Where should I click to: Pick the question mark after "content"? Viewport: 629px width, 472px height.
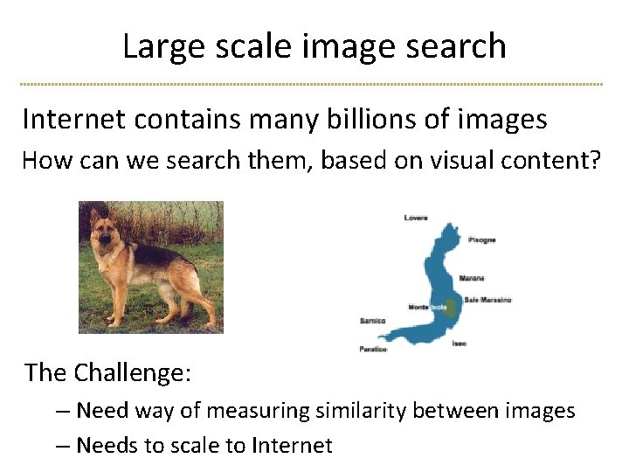596,161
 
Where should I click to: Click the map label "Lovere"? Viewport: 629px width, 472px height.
416,218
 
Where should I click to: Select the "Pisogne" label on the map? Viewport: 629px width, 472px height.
481,239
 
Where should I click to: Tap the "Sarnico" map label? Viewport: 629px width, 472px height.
372,321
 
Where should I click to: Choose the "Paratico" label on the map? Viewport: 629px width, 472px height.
373,349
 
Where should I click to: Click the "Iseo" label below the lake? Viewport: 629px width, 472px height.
459,344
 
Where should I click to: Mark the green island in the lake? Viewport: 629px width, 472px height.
449,307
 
